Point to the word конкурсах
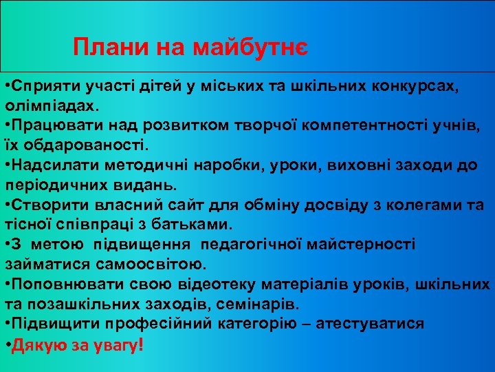point(407,86)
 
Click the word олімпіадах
point(52,106)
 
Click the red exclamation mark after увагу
point(141,344)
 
